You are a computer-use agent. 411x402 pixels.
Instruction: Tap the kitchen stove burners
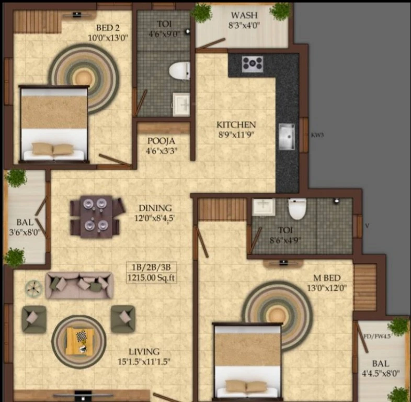[x=252, y=64]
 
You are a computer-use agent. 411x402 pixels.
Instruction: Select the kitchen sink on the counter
[x=287, y=137]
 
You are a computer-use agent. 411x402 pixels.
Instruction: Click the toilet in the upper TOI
[x=180, y=70]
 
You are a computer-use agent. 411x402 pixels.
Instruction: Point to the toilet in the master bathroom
[x=297, y=208]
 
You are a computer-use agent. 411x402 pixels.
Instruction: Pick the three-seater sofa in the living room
[x=79, y=285]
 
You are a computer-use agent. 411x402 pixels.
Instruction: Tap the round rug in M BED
[x=277, y=309]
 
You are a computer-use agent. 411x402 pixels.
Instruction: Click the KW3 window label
[x=317, y=135]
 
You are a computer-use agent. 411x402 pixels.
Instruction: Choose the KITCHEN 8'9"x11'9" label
[x=236, y=129]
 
